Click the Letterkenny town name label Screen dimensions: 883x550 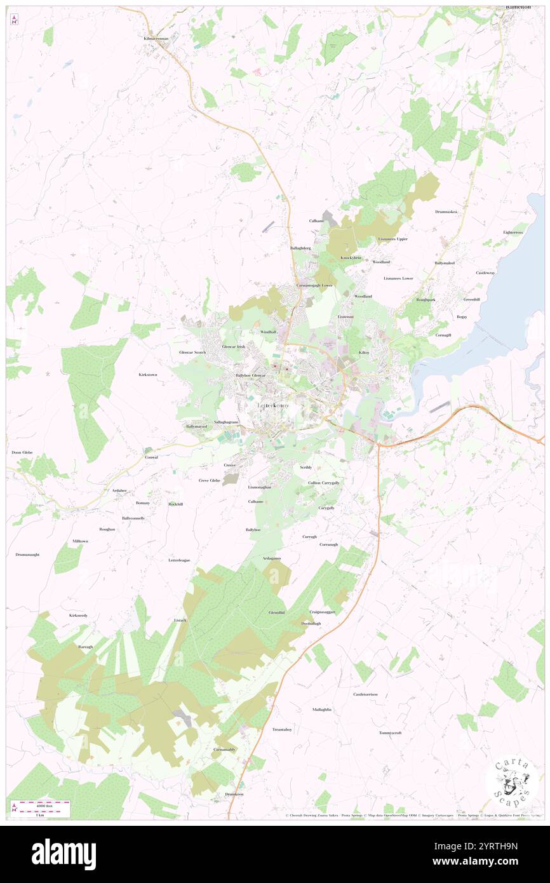tap(272, 405)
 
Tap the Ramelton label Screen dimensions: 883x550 tap(518, 6)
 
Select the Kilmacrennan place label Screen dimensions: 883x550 tap(156, 38)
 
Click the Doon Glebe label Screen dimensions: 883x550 tap(22, 452)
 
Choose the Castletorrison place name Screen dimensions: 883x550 tap(365, 694)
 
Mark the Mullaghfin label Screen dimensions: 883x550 tap(322, 709)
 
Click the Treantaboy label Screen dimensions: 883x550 tap(282, 729)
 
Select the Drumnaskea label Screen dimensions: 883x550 tap(446, 212)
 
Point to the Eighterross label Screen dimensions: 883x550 tap(513, 233)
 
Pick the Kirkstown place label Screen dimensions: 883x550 tap(148, 375)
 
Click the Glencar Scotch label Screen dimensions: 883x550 tap(192, 352)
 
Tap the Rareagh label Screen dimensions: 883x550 tap(85, 646)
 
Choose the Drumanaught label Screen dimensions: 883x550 tap(27, 555)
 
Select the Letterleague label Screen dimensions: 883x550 tap(179, 560)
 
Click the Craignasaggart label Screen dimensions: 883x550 tap(322, 612)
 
